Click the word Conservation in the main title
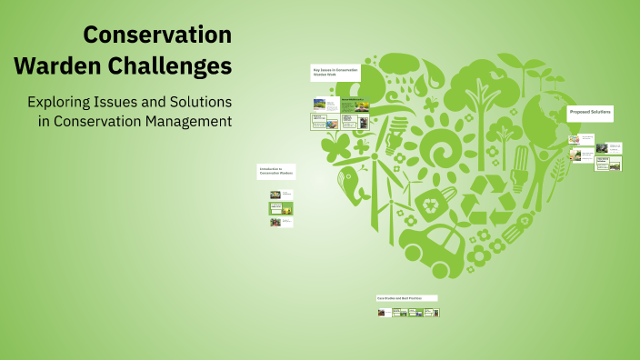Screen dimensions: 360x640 coord(157,35)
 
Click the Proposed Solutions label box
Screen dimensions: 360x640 coord(589,113)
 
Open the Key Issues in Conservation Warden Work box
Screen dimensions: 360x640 coord(335,72)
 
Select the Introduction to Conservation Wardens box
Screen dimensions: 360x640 coord(275,171)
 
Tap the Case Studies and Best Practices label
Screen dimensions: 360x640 coord(406,297)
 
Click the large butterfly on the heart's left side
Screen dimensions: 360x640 coord(335,147)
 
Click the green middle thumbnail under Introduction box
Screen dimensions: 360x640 coord(281,208)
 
